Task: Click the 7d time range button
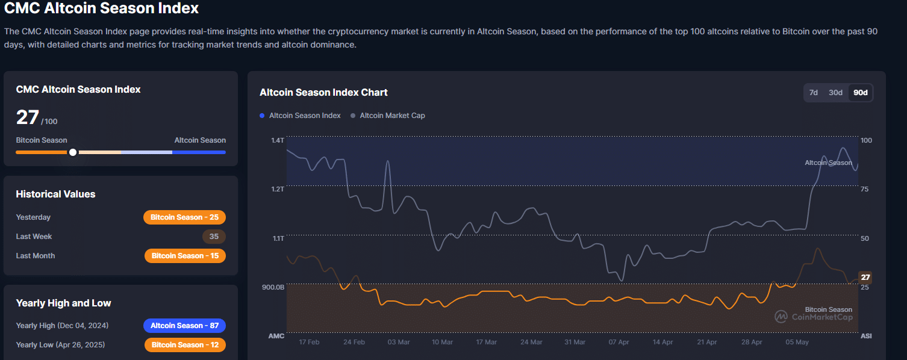point(814,93)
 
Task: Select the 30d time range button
point(835,93)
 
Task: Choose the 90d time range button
point(861,93)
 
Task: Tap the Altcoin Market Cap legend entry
point(391,116)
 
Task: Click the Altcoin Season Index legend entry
point(304,116)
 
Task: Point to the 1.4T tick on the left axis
point(277,140)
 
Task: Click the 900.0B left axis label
point(273,287)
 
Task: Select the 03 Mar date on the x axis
point(399,342)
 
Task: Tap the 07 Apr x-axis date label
point(619,342)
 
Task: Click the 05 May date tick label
point(797,342)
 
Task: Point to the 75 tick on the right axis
point(865,189)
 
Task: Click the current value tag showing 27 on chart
point(865,278)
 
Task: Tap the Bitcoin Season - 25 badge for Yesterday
point(184,217)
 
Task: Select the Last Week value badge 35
point(214,237)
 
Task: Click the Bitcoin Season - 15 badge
point(185,256)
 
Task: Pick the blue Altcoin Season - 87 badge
point(184,326)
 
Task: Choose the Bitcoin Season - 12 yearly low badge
point(185,345)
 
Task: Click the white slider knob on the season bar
point(73,152)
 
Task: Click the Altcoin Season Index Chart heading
point(323,93)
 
